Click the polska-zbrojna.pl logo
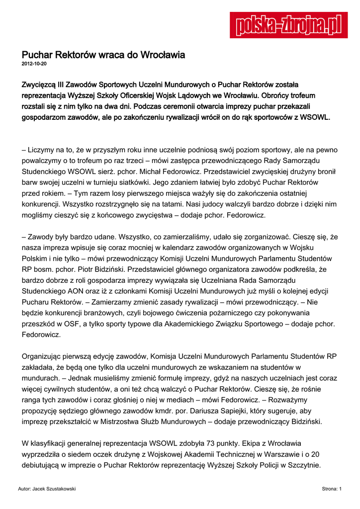(288, 24)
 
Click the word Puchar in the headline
(37, 55)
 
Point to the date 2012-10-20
(34, 65)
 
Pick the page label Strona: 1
(331, 489)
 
